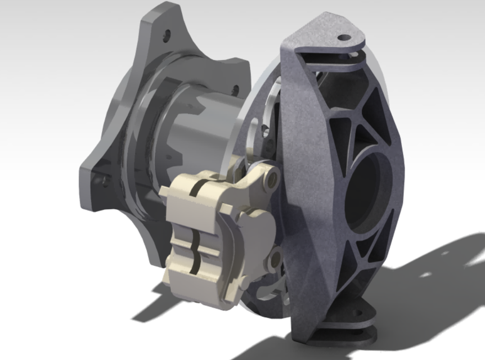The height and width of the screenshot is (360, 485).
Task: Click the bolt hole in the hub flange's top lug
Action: point(167,34)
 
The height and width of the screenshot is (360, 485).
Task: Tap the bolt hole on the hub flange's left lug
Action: point(102,181)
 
